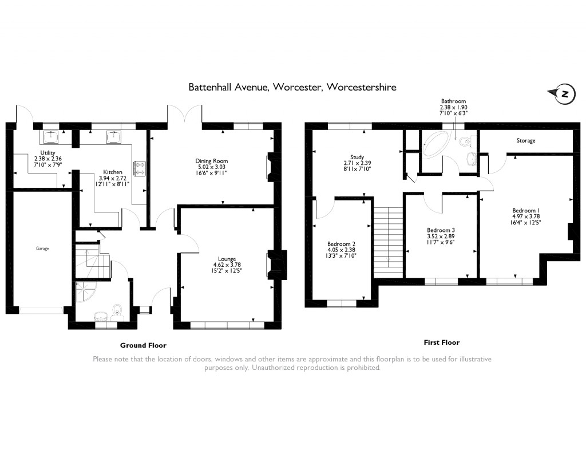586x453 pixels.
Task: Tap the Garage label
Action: pyautogui.click(x=42, y=249)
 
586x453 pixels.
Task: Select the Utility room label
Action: pyautogui.click(x=39, y=152)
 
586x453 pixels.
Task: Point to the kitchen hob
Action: pyautogui.click(x=140, y=168)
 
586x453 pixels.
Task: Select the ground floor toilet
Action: pyautogui.click(x=118, y=310)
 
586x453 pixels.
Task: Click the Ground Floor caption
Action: pyautogui.click(x=143, y=345)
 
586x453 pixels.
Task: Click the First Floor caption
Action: pyautogui.click(x=441, y=342)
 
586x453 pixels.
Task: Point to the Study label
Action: pyautogui.click(x=358, y=157)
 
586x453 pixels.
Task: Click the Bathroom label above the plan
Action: pyautogui.click(x=453, y=101)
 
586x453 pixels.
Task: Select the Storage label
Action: pyautogui.click(x=525, y=140)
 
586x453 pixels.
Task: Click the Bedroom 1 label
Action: pyautogui.click(x=526, y=210)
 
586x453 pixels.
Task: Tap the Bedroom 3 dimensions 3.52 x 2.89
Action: pyautogui.click(x=441, y=236)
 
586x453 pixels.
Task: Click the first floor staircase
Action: pyautogui.click(x=388, y=240)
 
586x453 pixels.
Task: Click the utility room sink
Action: pyautogui.click(x=53, y=137)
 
